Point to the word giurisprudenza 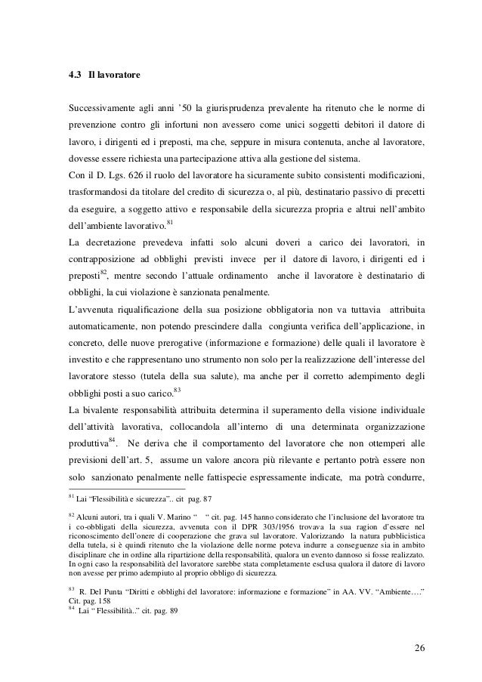tap(254, 104)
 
